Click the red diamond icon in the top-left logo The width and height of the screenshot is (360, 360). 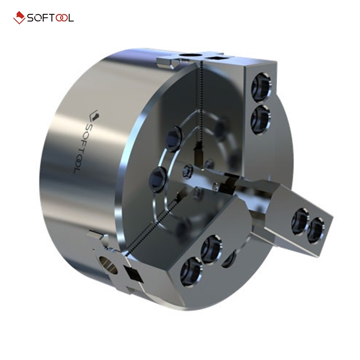19,18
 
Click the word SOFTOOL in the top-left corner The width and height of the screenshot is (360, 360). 50,18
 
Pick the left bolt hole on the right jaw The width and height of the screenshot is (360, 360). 299,220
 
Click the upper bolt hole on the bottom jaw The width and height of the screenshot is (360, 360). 210,247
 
